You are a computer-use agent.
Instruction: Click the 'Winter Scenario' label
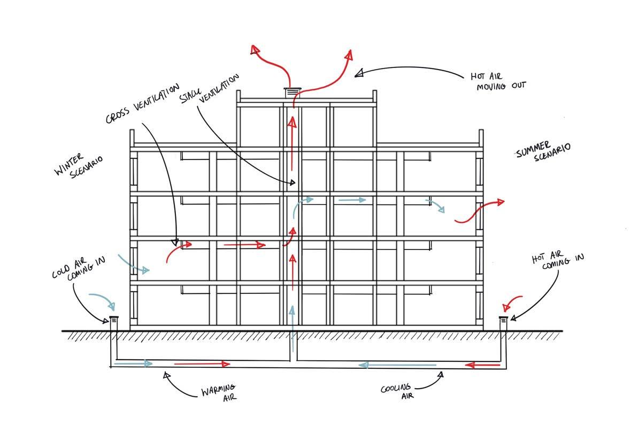78,166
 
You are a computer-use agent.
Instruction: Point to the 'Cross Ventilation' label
142,104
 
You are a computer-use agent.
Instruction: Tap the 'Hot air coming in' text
557,261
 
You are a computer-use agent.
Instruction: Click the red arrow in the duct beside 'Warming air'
202,364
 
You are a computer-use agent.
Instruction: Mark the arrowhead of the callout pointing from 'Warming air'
166,374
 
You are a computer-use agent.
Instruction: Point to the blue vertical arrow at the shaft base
291,316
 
